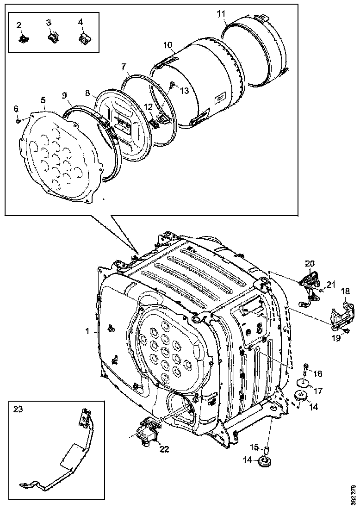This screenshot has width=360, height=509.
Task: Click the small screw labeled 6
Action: coord(18,121)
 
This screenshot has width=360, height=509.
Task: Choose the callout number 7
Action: coord(124,67)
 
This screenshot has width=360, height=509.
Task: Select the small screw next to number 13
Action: coord(172,84)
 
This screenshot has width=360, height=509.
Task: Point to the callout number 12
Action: coord(148,107)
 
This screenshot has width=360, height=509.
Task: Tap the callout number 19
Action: coord(336,338)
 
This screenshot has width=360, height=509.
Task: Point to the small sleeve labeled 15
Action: coord(267,449)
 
